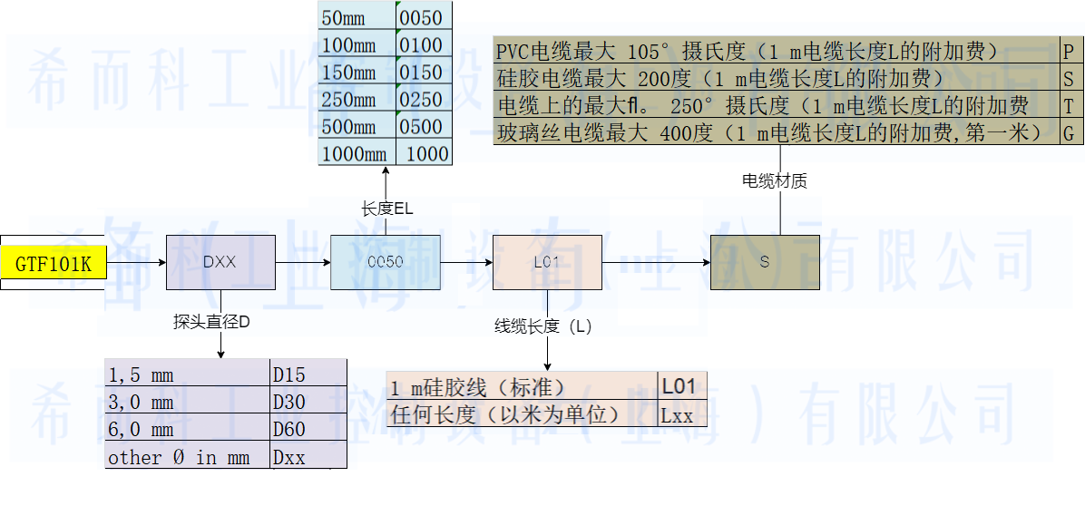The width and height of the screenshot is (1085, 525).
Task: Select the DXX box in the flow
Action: pos(220,262)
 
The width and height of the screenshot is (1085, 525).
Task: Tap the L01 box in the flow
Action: pos(546,262)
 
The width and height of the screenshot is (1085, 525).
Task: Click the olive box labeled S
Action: pos(764,262)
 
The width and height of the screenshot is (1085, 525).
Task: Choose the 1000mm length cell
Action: pos(357,154)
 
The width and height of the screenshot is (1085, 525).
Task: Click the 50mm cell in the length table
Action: pos(357,18)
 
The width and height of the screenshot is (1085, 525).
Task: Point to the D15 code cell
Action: pos(308,374)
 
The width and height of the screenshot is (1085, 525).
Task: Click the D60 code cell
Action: pos(308,429)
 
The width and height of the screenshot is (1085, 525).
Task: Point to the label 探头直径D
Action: pos(211,322)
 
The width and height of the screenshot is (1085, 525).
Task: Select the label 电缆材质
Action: pos(775,181)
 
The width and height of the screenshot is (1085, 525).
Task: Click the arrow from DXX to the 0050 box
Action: pos(302,262)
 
